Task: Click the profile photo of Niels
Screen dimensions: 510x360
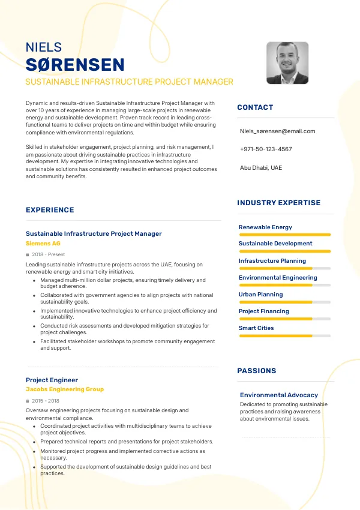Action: [x=287, y=63]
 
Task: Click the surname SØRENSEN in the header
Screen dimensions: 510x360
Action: [x=75, y=65]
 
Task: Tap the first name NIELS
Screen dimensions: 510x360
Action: [x=44, y=47]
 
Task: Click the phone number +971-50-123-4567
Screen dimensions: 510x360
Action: [x=266, y=149]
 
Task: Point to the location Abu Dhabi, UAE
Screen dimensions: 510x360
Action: [x=260, y=167]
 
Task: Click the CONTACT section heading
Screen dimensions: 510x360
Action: [x=255, y=107]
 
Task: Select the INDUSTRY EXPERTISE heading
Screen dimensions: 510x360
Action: [x=279, y=203]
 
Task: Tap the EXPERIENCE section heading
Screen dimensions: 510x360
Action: [x=50, y=210]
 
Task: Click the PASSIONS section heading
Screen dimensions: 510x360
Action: [x=257, y=371]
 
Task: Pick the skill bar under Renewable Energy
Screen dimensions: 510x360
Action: [x=284, y=235]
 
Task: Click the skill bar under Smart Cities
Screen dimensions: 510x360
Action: [x=284, y=336]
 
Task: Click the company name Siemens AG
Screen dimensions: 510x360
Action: [x=43, y=244]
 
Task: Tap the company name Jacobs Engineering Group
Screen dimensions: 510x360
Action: [x=65, y=389]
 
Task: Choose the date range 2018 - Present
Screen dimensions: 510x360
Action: [x=48, y=254]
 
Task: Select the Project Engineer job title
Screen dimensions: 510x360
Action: [x=52, y=380]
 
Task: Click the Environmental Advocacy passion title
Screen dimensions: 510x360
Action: [x=279, y=395]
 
